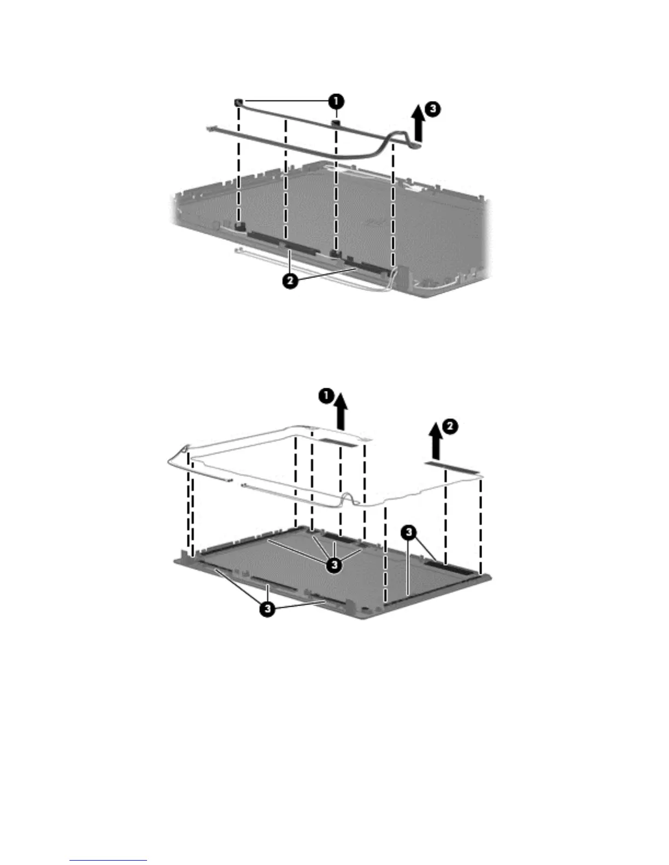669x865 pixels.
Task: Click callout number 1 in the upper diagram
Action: pos(336,101)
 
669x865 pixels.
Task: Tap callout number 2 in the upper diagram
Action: pos(290,282)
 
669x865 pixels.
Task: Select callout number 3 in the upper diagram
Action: pos(432,109)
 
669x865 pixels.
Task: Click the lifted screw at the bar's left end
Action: pos(239,102)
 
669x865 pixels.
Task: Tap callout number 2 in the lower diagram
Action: pos(449,428)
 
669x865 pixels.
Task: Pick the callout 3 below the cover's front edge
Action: pos(266,611)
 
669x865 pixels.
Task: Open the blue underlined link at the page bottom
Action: pos(108,861)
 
